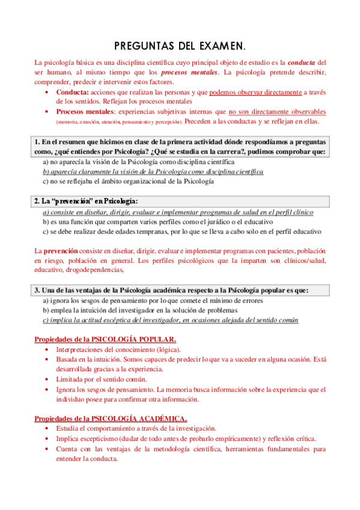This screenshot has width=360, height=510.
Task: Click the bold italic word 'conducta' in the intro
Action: pos(302,62)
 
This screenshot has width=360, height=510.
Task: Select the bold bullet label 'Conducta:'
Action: pos(72,92)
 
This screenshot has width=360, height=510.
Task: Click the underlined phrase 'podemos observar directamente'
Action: pos(255,92)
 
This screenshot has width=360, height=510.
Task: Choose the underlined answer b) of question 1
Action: pos(153,171)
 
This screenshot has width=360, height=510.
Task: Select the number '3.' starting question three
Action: pos(37,290)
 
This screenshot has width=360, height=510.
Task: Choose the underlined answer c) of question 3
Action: pos(170,320)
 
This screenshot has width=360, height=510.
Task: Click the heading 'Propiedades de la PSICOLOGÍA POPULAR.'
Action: pos(105,339)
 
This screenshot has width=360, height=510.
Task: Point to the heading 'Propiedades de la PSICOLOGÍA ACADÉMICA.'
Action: pos(110,418)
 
